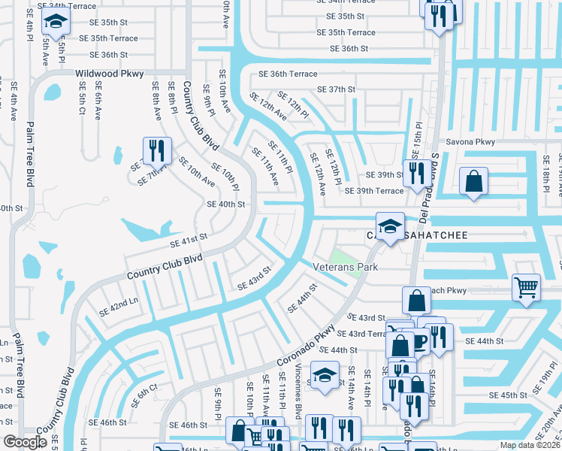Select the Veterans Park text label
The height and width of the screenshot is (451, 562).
(346, 268)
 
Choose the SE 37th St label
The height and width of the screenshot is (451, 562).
(336, 89)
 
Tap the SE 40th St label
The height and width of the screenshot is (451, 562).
(226, 204)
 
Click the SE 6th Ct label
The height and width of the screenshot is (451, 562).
(144, 396)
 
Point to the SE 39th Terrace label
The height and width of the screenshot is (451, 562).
(374, 191)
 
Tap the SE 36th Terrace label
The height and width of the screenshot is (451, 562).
(288, 74)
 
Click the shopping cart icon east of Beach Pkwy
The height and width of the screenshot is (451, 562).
(526, 286)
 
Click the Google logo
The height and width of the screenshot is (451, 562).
(24, 443)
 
